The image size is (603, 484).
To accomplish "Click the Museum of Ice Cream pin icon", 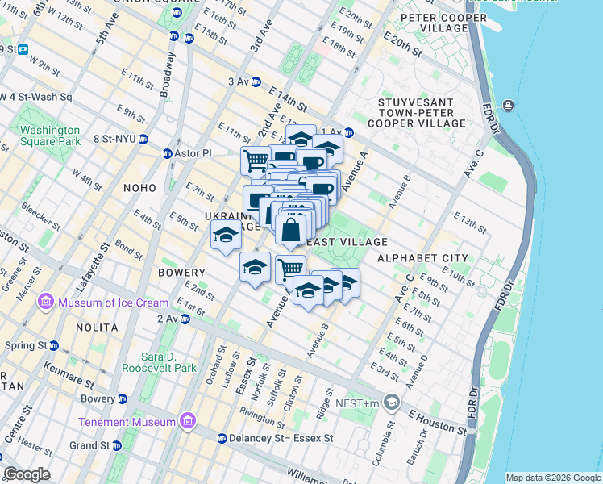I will pyautogui.click(x=45, y=302).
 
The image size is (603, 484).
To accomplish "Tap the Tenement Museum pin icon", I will pyautogui.click(x=188, y=421).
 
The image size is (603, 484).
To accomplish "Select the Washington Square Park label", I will pyautogui.click(x=50, y=136).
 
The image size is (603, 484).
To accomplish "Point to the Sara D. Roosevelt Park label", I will pyautogui.click(x=159, y=361).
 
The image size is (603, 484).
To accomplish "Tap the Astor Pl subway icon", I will pyautogui.click(x=167, y=153).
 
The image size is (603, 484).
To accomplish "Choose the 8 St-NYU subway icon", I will pyautogui.click(x=143, y=139).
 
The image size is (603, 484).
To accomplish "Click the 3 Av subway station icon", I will pyautogui.click(x=256, y=81).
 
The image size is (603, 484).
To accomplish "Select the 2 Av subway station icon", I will pyautogui.click(x=185, y=319).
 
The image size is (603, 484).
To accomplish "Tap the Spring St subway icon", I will pyautogui.click(x=54, y=345).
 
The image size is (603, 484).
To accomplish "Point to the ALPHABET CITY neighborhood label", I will pyautogui.click(x=422, y=258).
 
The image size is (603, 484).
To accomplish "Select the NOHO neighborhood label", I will pyautogui.click(x=139, y=188).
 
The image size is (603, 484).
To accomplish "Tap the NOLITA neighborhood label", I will pyautogui.click(x=97, y=328).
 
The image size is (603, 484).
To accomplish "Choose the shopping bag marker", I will pyautogui.click(x=290, y=229).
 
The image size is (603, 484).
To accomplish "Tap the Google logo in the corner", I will pyautogui.click(x=27, y=474).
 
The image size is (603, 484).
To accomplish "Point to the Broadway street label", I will pyautogui.click(x=166, y=76).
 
